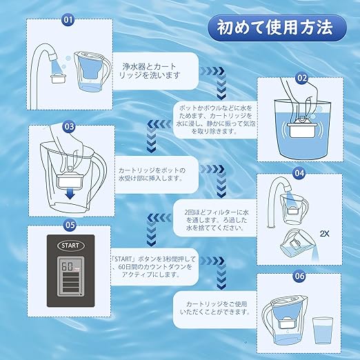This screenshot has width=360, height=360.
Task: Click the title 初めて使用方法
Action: [x=275, y=28]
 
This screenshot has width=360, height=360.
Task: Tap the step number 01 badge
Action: [x=68, y=19]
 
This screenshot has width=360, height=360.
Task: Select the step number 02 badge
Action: [x=302, y=78]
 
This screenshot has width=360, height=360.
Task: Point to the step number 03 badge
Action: [x=69, y=126]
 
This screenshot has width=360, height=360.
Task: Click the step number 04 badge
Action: [x=299, y=173]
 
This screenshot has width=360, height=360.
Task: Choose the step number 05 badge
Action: [x=70, y=225]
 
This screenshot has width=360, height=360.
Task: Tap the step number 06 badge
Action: [x=299, y=276]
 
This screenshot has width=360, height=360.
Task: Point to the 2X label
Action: [x=324, y=234]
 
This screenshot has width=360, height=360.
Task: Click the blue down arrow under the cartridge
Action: [x=70, y=194]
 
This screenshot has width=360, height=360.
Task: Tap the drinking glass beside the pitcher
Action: [x=323, y=330]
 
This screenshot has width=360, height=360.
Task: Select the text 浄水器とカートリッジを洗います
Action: [x=150, y=71]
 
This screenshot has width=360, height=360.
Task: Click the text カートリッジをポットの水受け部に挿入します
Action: [x=152, y=174]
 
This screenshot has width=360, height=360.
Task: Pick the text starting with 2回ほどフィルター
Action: [x=217, y=220]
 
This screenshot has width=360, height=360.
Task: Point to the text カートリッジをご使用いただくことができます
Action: [x=216, y=308]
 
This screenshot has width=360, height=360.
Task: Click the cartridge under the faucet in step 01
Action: [x=59, y=79]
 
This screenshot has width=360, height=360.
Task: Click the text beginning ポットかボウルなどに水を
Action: [x=216, y=119]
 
